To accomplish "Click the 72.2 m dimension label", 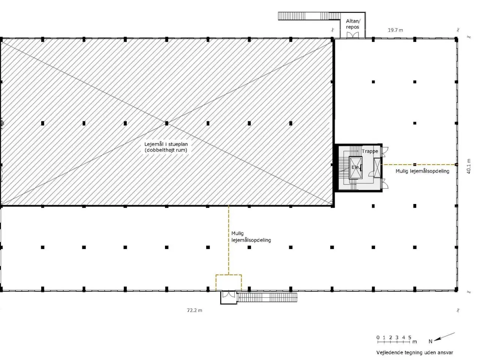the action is [194, 310].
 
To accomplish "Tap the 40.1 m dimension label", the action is [468, 166].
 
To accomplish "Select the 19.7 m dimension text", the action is [395, 30].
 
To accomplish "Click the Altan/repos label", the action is [353, 24].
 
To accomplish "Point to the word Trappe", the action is [370, 151].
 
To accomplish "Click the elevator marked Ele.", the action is [355, 167].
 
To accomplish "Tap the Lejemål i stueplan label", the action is [166, 147].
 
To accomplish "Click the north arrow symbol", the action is [444, 337].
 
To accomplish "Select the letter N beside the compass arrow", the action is [430, 341].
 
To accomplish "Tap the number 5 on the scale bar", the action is [409, 337].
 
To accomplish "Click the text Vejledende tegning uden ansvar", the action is [415, 352].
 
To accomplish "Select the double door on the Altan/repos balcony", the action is [353, 35].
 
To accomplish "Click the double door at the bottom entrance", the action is [228, 294].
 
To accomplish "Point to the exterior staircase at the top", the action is [309, 16].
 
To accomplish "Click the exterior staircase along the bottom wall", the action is [267, 297].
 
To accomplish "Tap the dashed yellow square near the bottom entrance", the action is [229, 275].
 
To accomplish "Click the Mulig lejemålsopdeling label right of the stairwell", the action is [422, 171].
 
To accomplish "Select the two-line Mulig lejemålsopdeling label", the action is [251, 237].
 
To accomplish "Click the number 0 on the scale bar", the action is [378, 337].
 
